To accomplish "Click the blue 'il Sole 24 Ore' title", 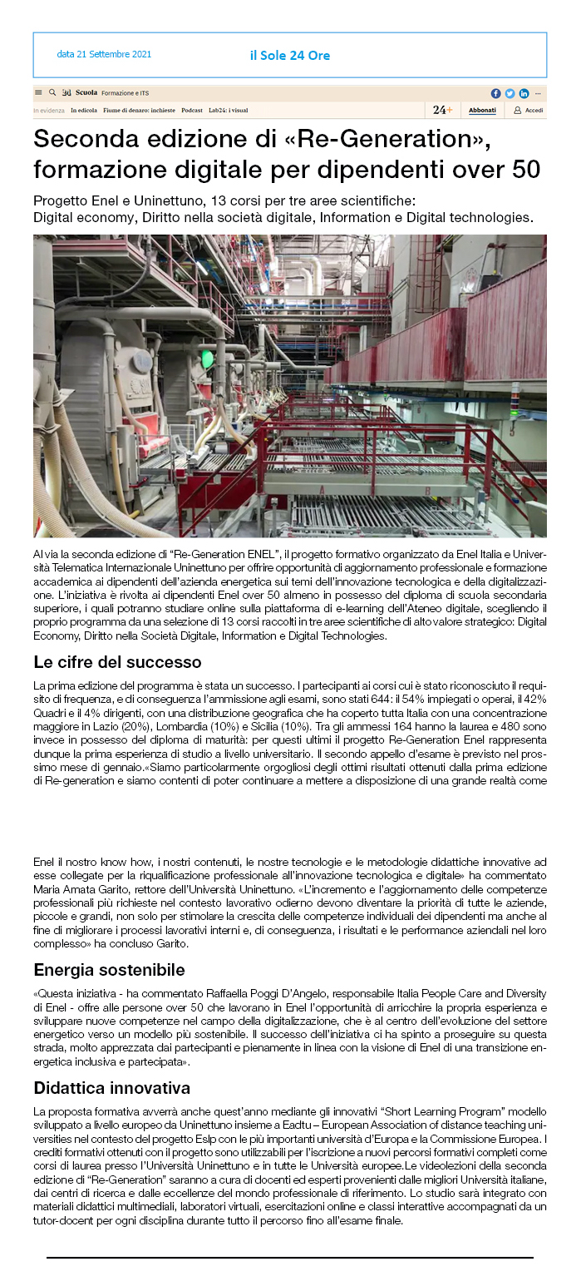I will [289, 56].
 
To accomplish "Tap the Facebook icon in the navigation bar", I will [496, 93].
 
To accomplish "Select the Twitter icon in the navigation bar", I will [510, 93].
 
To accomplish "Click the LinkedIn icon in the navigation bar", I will [524, 93].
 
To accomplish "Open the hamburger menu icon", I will [38, 93].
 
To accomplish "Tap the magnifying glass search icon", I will [52, 93].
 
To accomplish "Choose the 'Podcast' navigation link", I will [192, 110].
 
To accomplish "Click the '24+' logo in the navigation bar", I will [443, 110].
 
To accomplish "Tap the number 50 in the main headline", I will [525, 169].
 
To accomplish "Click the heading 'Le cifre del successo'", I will [117, 663].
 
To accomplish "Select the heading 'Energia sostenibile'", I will [109, 970].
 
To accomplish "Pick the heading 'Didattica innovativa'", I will [112, 1088].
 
